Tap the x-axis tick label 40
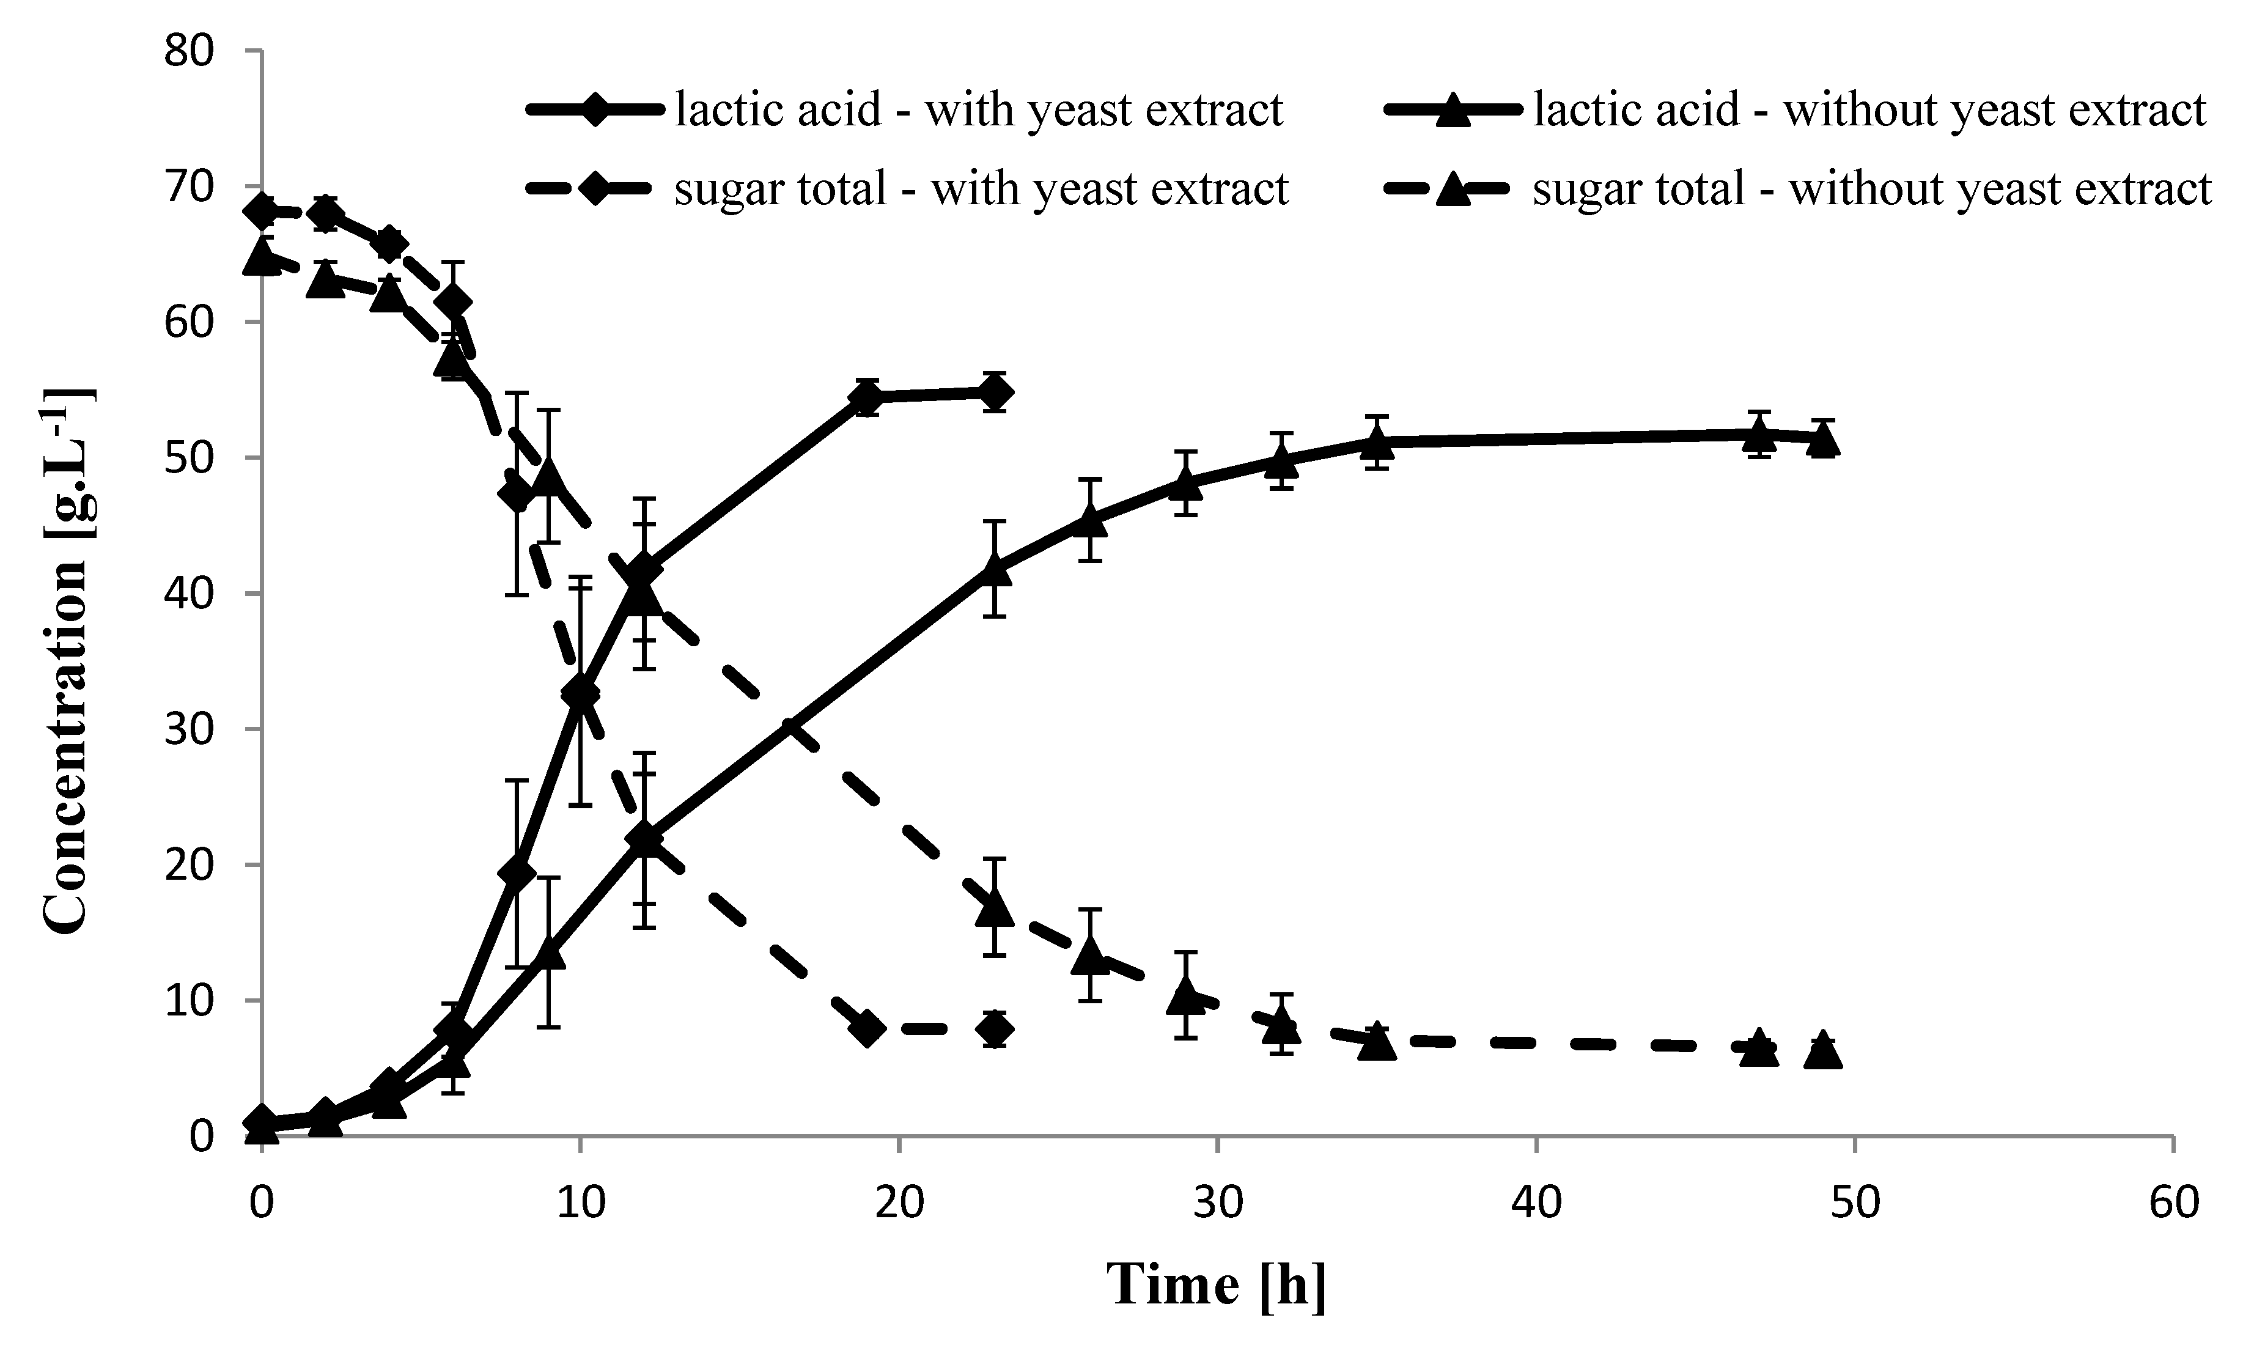1537,1203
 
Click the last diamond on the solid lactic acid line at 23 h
995,393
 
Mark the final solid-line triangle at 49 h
1824,440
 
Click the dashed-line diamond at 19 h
867,1028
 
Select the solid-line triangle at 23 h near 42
995,569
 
